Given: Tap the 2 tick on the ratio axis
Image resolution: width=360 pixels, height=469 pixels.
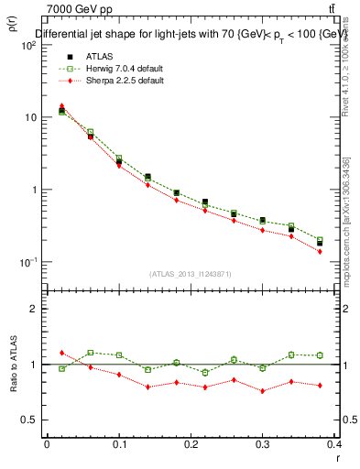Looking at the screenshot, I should tap(34, 309).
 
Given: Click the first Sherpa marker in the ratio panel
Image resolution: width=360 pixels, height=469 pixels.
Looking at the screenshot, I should tap(62, 353).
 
